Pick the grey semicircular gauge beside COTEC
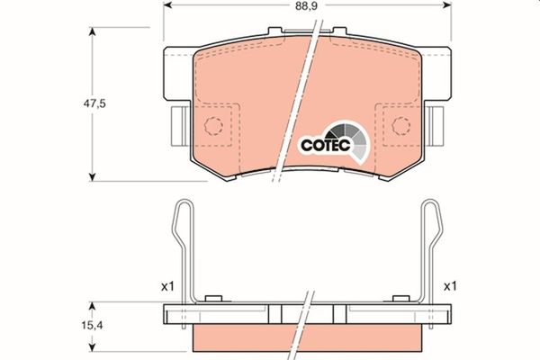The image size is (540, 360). (x=349, y=137)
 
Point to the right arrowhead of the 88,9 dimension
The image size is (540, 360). (x=446, y=5)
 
